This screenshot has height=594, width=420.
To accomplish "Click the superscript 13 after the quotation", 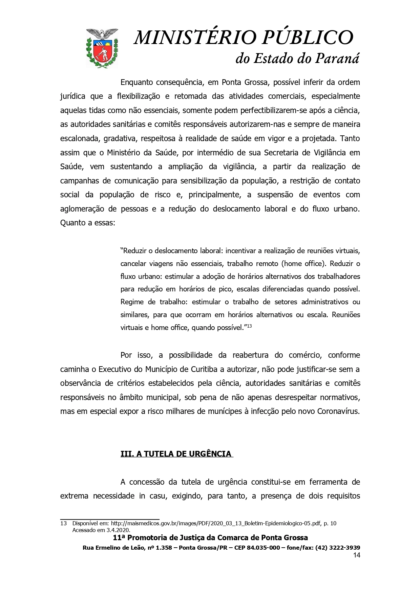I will (x=249, y=326).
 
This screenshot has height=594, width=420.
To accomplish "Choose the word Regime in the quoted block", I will (x=132, y=302).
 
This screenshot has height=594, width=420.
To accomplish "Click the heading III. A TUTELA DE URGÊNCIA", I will (x=176, y=454).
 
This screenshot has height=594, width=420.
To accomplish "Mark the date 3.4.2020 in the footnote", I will (x=119, y=530).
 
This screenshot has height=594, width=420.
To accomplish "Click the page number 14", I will (x=356, y=555).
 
